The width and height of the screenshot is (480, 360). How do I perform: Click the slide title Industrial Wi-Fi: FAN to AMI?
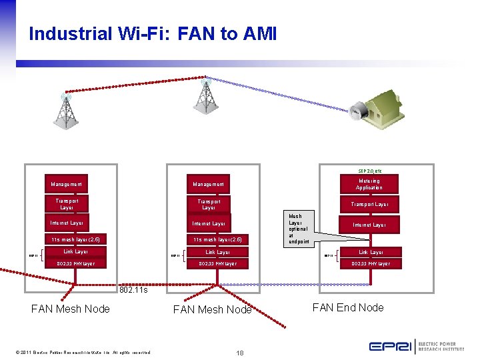(152, 34)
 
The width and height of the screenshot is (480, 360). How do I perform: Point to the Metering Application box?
(369, 184)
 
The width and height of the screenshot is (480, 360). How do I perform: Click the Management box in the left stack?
(67, 184)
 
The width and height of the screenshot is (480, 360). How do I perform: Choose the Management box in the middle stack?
(209, 184)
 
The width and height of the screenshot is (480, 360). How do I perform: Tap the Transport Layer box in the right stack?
(369, 205)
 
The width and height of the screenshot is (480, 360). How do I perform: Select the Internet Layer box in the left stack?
(67, 223)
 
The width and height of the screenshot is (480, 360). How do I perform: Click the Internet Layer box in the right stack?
(369, 225)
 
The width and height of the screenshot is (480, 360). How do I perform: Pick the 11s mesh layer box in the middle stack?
(217, 239)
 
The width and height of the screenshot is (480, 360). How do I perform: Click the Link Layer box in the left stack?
(75, 252)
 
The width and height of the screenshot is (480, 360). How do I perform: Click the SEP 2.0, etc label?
(370, 170)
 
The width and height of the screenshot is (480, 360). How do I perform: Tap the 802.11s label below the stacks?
(133, 290)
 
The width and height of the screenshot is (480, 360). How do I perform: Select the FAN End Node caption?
(349, 307)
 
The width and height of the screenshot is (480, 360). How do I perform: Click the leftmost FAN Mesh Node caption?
(71, 309)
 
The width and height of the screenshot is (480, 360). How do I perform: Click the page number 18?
(239, 352)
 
